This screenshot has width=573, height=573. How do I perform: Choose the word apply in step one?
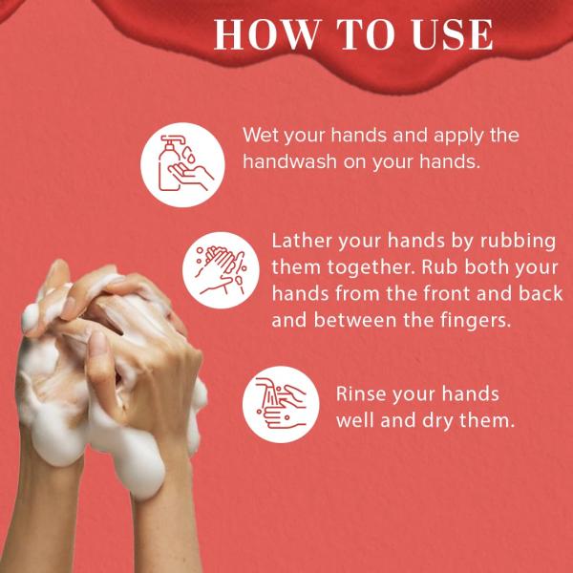click(x=455, y=135)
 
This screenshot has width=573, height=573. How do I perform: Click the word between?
click(x=365, y=321)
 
